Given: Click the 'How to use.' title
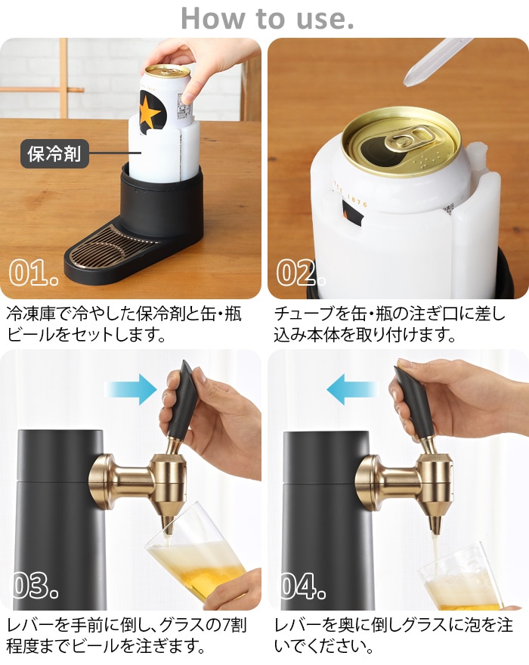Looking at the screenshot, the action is (268, 19).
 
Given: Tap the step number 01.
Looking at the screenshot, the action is (33, 272).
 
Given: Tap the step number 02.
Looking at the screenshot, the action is (300, 272).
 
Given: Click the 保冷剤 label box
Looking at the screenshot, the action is (54, 153).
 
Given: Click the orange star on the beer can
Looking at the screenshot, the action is (150, 110).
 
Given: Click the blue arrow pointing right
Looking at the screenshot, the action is (131, 389).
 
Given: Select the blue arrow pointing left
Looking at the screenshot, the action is (353, 389).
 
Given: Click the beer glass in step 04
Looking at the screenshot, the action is (462, 577).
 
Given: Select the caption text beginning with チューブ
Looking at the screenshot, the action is (390, 324).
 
